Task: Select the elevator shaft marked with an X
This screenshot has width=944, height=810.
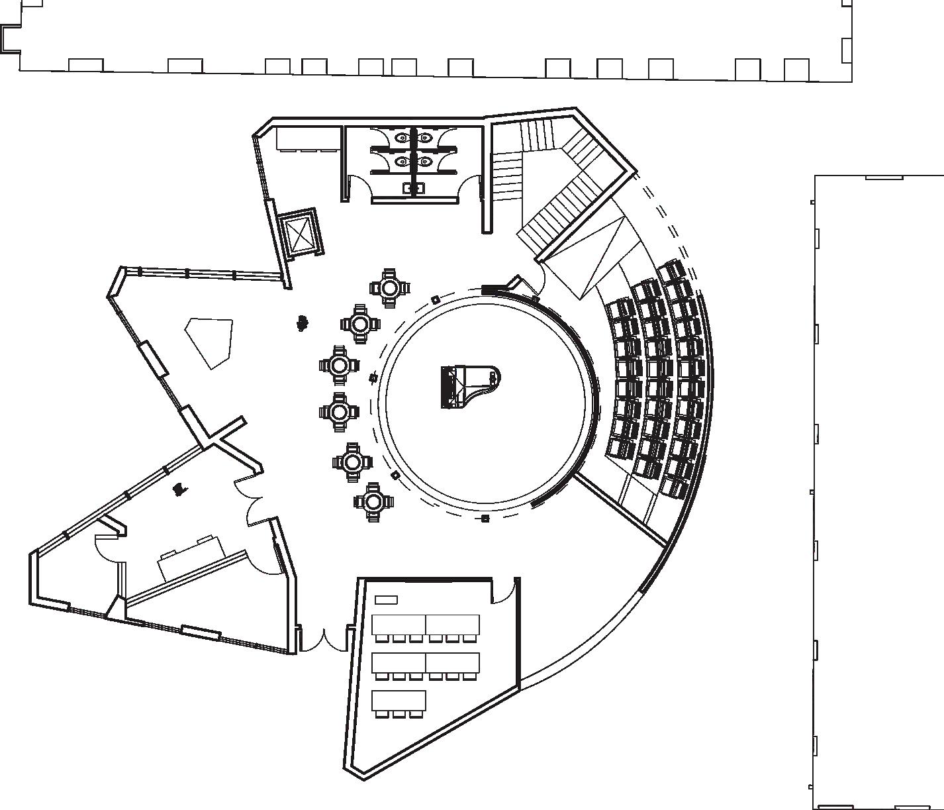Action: tap(300, 233)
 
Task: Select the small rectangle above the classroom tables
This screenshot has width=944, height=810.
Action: tap(386, 600)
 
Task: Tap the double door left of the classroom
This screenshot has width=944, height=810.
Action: tap(324, 639)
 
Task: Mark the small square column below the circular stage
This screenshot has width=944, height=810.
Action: tap(485, 518)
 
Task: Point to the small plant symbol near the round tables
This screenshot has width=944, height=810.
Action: tap(303, 323)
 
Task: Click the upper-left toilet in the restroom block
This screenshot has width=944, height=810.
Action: tap(402, 138)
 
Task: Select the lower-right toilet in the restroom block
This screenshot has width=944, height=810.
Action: tap(425, 161)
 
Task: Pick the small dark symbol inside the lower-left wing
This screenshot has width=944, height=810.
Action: tap(178, 489)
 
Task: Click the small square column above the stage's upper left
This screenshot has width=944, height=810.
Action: tap(435, 300)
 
